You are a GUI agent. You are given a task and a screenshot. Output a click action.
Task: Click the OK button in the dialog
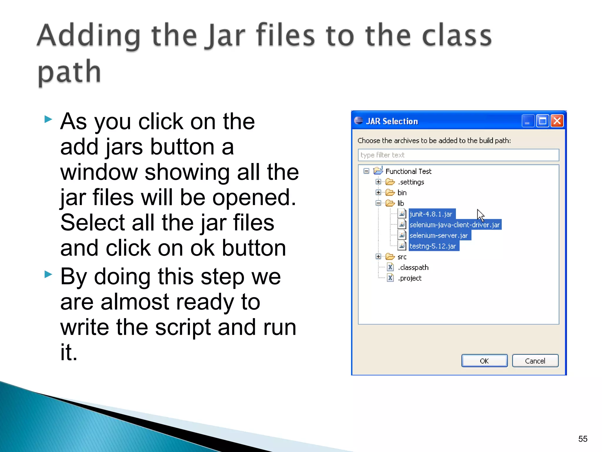pos(484,361)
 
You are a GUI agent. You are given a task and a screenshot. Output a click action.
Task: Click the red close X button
pos(557,121)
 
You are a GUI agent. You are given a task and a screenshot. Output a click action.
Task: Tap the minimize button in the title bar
pos(528,121)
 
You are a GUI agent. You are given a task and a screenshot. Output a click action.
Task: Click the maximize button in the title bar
pos(542,121)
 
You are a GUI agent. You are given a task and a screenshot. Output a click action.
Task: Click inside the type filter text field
pos(458,155)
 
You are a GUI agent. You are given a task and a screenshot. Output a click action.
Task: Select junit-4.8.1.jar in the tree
pos(431,214)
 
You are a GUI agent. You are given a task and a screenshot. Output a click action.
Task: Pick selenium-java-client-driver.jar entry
pos(454,225)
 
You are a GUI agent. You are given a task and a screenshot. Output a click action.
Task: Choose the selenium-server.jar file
pos(438,235)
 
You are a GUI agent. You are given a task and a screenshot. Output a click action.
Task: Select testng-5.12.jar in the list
pos(432,246)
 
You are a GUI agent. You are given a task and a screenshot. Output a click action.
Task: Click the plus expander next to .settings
pos(378,182)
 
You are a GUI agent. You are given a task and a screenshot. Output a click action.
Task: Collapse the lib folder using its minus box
pos(378,203)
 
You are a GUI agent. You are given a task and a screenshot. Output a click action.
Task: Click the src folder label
pos(402,257)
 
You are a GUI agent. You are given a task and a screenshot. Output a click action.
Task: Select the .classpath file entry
pos(413,267)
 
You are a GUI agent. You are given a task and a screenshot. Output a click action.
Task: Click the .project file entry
pos(410,278)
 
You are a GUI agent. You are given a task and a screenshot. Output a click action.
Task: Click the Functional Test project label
pos(408,171)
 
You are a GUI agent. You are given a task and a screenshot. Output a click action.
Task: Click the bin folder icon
pos(390,193)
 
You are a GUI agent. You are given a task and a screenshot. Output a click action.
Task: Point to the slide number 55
pos(583,439)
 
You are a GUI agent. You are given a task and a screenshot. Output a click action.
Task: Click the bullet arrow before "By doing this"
pos(48,275)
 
